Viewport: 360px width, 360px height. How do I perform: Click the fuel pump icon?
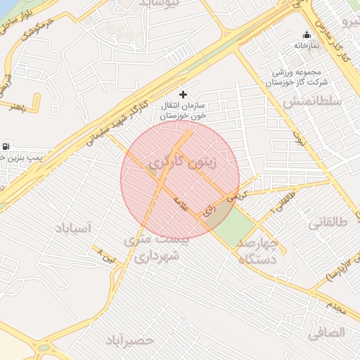point(6,146)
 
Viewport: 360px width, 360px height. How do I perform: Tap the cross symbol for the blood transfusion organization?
point(184,94)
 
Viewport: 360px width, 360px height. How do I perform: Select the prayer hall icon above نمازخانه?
point(306,34)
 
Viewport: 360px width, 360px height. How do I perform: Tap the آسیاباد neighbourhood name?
point(73,229)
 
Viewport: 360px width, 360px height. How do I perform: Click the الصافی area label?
point(327,330)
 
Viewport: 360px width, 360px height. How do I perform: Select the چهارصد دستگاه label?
point(258,251)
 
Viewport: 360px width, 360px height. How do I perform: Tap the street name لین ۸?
point(110,257)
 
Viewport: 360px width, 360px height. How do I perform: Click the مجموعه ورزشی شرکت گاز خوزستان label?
point(293,77)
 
